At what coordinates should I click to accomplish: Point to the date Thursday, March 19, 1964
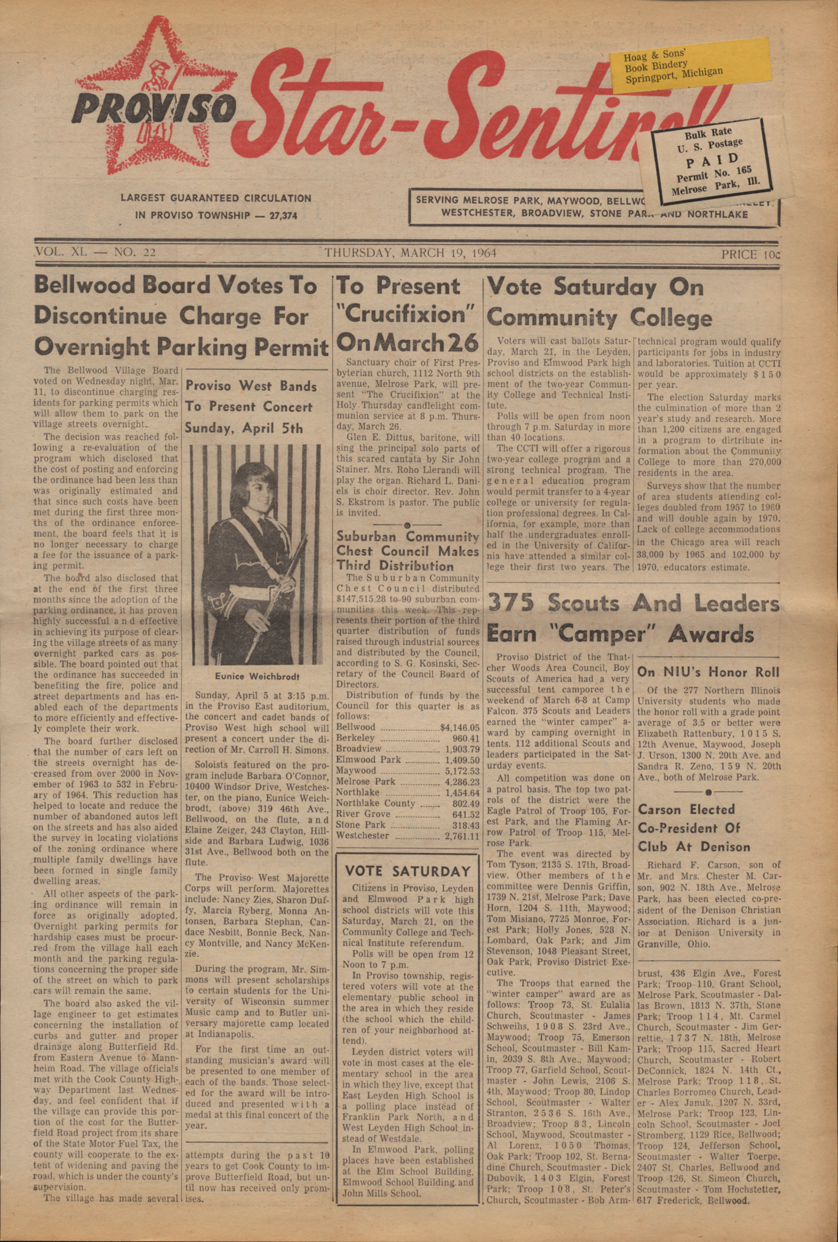point(410,253)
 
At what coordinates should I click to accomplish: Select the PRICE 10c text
point(750,254)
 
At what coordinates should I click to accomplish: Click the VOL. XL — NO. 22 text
point(95,252)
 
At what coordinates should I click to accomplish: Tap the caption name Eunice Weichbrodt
point(257,676)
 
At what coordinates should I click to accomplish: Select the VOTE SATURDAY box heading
point(408,871)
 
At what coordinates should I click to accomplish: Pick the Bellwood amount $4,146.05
point(460,727)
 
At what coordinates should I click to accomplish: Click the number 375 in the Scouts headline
point(511,604)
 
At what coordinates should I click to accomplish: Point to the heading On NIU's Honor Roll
point(708,672)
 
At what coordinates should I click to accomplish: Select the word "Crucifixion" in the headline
point(406,314)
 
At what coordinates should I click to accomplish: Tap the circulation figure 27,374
point(283,216)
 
